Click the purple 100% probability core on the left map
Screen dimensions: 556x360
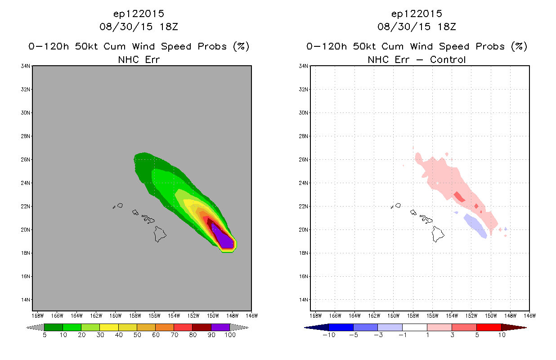[224, 238]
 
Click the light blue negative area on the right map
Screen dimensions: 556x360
[475, 225]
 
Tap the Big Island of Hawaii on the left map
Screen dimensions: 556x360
[160, 234]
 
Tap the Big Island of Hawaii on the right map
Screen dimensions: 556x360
[438, 234]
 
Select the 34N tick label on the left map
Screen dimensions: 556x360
[25, 66]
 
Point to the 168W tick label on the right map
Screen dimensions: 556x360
[316, 316]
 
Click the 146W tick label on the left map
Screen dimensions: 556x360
[252, 316]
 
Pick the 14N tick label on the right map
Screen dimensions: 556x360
[303, 300]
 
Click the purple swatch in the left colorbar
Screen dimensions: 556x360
[220, 327]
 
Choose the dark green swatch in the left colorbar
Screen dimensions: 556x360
[54, 327]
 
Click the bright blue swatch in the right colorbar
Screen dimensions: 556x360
[341, 327]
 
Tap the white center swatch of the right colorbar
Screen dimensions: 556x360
[415, 327]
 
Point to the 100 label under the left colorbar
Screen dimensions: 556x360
[230, 335]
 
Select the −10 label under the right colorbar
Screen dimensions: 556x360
[329, 335]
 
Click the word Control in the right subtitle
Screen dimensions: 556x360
[448, 60]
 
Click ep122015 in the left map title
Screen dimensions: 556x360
[139, 14]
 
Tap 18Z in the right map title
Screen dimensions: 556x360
[447, 27]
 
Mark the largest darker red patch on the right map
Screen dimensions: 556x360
[459, 197]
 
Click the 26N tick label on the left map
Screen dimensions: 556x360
[25, 160]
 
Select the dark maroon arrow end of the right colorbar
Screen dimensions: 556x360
[514, 327]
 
